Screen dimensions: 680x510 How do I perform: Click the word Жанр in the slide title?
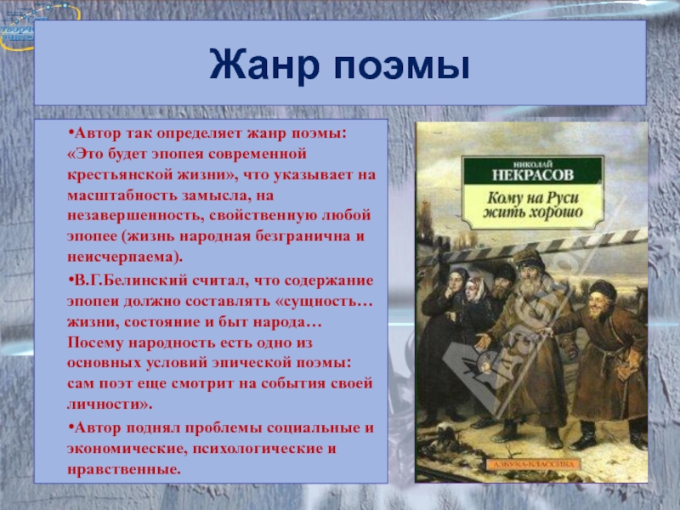[264, 65]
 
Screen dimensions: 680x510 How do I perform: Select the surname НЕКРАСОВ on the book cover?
[533, 174]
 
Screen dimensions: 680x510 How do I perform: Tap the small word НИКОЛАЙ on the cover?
[533, 163]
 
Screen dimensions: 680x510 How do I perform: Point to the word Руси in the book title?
[562, 198]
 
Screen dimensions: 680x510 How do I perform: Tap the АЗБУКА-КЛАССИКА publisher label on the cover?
[533, 464]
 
